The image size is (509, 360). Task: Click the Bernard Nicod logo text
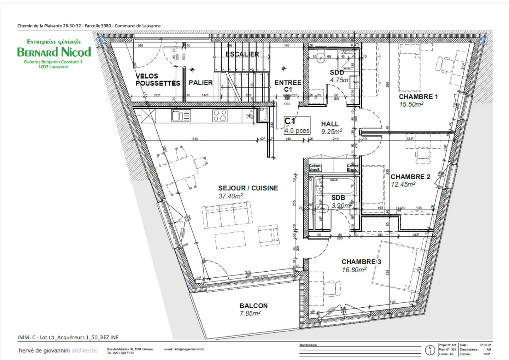[x=54, y=52]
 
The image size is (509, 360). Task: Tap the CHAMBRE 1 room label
[x=418, y=96]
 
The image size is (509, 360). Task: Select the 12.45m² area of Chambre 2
[x=403, y=184]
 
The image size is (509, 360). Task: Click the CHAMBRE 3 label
[x=361, y=262]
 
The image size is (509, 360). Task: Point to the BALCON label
[x=253, y=306]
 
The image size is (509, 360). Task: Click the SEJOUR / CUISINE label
[x=248, y=188]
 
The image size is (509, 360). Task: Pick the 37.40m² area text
[x=230, y=196]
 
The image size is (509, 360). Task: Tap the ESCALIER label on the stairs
[x=242, y=54]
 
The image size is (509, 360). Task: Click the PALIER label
[x=200, y=83]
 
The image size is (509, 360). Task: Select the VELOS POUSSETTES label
[x=157, y=80]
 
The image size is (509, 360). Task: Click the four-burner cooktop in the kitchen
[x=220, y=116]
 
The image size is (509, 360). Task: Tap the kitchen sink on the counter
[x=181, y=116]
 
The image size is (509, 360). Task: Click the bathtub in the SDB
[x=334, y=186]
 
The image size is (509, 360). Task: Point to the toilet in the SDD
[x=321, y=58]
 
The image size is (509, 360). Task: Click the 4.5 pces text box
[x=297, y=130]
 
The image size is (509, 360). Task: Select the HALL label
[x=329, y=124]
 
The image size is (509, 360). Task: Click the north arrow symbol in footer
[x=430, y=350]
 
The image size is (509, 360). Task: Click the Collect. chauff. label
[x=315, y=167]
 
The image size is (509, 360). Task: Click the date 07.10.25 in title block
[x=485, y=345]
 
